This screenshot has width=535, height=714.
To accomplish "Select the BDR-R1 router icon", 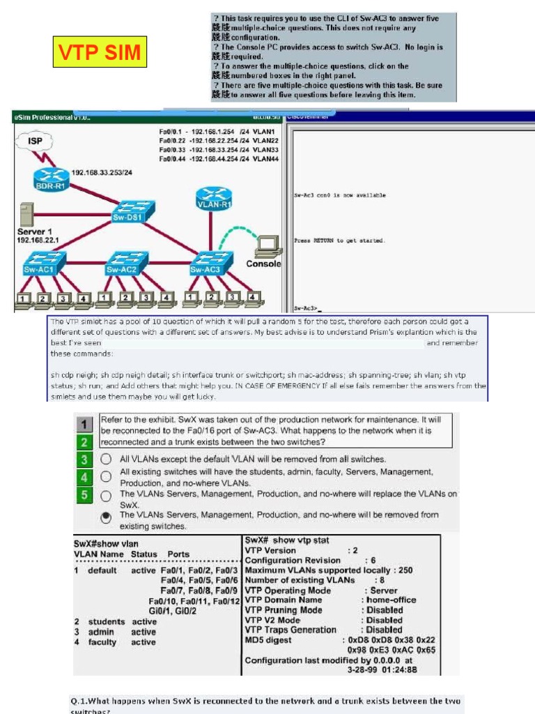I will [x=49, y=179].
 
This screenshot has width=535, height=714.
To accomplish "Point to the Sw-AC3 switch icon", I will [x=206, y=263].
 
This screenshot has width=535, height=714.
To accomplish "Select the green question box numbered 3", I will [x=84, y=459].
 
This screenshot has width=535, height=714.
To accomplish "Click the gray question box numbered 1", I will [x=84, y=424].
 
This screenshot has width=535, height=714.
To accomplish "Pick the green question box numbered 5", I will [x=84, y=495].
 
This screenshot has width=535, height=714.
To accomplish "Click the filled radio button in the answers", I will [x=106, y=517].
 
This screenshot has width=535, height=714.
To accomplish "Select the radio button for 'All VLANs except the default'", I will [x=106, y=459].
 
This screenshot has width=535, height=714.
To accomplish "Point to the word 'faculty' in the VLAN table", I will [x=102, y=642].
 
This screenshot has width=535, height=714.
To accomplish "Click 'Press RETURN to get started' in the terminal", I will [x=340, y=241].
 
